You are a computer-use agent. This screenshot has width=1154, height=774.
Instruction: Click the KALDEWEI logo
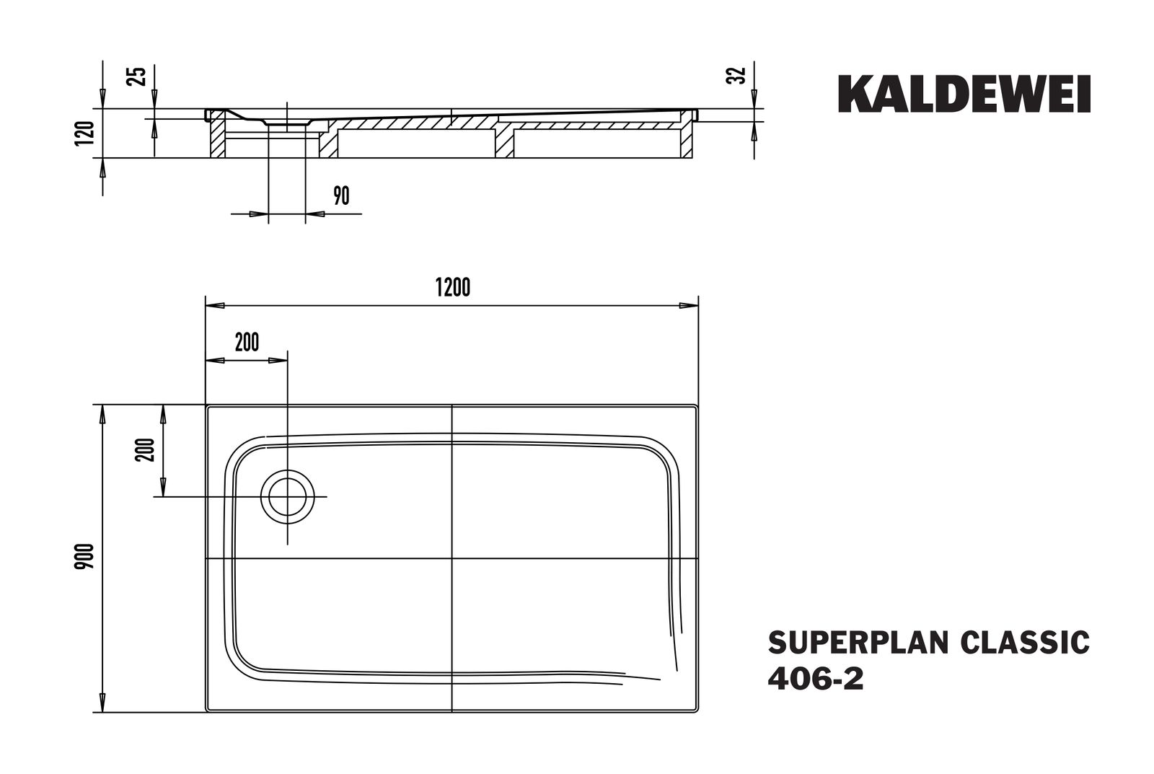pos(964,94)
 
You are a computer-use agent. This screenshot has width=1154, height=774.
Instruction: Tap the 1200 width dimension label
pos(453,287)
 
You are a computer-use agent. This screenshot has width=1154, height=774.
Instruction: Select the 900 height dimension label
pos(84,558)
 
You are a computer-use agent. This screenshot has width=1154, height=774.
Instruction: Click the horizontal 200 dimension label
pos(247,342)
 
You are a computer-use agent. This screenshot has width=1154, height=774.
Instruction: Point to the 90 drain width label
pos(341,195)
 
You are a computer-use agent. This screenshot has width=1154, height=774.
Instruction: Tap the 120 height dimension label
pos(84,134)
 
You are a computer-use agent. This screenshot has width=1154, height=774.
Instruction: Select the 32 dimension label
pos(736,75)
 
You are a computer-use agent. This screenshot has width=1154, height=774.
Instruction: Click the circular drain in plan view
pos(288,497)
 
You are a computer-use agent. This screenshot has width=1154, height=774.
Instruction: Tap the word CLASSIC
pos(1024,642)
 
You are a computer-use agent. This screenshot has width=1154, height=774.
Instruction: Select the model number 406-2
pos(816,679)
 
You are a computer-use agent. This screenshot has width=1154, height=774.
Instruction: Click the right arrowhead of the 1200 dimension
pos(689,305)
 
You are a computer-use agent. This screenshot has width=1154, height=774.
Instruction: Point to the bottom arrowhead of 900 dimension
pos(102,703)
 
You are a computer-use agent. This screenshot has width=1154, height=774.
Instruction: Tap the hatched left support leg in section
pos(216,141)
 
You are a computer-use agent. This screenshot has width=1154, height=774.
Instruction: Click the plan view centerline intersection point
pos(452,558)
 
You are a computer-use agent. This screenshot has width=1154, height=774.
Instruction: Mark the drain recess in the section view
pos(287,124)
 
